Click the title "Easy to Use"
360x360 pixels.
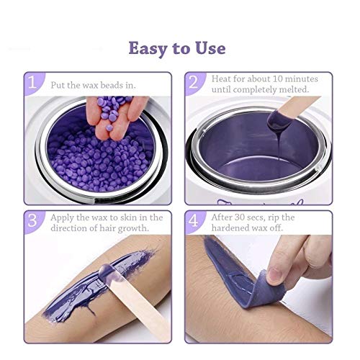[176, 48]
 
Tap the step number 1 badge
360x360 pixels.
[32, 84]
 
